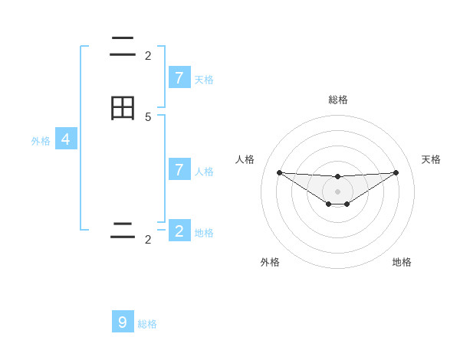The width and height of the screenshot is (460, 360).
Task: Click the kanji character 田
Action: click(x=123, y=109)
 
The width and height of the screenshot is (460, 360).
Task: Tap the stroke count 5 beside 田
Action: click(x=148, y=116)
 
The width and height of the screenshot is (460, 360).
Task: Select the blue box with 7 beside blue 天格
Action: click(x=179, y=77)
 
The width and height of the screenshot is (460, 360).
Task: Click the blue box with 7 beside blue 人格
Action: click(x=179, y=169)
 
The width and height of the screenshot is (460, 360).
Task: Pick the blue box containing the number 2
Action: click(x=179, y=231)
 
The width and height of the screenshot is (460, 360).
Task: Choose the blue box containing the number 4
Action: click(x=66, y=139)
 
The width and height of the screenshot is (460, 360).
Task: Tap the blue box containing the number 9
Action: click(x=123, y=322)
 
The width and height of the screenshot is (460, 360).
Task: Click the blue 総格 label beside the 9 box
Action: click(x=147, y=324)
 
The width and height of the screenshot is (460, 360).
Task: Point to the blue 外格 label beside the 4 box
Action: click(x=41, y=141)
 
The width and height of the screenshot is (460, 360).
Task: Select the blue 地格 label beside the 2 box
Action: click(x=204, y=233)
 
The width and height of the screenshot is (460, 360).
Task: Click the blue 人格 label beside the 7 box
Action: click(x=204, y=172)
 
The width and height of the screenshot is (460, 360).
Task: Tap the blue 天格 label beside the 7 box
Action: click(x=204, y=80)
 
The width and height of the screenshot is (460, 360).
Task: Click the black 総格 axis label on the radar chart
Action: click(x=338, y=100)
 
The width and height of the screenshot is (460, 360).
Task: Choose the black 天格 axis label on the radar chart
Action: click(x=432, y=159)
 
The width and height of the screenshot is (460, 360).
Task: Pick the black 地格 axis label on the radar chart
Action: click(x=402, y=262)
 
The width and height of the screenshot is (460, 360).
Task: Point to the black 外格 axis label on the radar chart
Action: click(x=270, y=262)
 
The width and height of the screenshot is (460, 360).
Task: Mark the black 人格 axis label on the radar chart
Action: click(x=245, y=159)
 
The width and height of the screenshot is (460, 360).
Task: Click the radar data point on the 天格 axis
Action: click(x=396, y=172)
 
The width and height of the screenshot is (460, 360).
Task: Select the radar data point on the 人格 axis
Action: click(x=279, y=172)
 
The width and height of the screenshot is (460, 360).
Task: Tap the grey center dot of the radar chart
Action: click(x=337, y=191)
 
